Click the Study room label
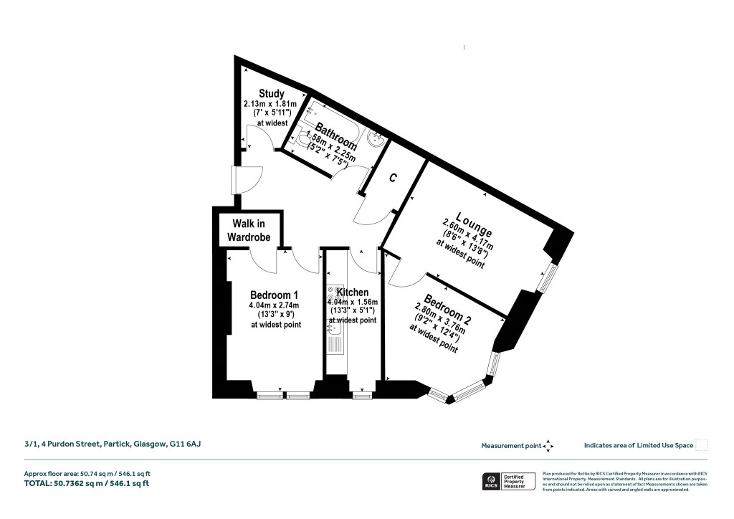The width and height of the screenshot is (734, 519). click(x=272, y=94)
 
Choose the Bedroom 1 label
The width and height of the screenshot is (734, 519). click(x=274, y=295)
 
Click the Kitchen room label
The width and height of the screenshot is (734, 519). click(x=353, y=292)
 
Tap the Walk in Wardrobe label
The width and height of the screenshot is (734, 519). click(x=249, y=231)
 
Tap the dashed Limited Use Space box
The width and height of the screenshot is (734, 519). click(x=702, y=445)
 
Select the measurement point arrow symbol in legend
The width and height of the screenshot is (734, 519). click(x=548, y=446)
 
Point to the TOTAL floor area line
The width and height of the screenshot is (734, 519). click(x=87, y=484)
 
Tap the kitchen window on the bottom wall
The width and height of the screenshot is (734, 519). click(x=363, y=394)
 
